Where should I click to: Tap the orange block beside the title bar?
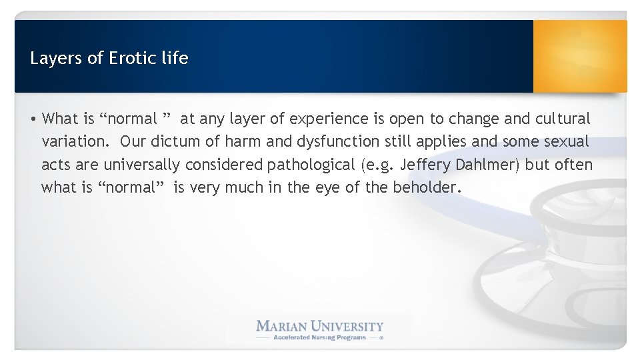click(x=580, y=56)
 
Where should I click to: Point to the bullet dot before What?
click(x=33, y=119)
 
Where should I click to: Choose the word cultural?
click(x=563, y=119)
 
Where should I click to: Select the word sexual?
click(x=567, y=142)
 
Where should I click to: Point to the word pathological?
click(x=317, y=165)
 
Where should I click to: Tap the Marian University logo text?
click(x=320, y=327)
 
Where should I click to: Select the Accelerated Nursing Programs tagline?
click(x=319, y=338)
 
